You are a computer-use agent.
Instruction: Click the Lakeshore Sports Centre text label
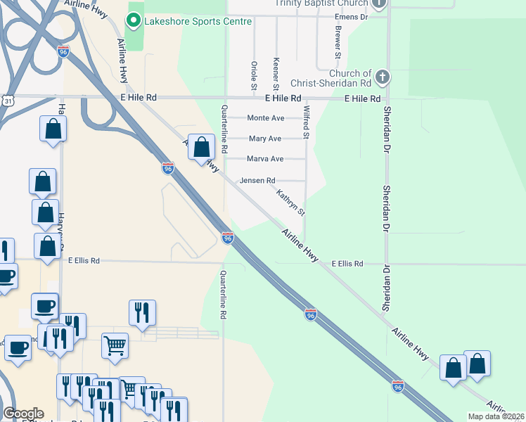(197, 22)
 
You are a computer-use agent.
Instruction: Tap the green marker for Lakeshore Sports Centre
(132, 21)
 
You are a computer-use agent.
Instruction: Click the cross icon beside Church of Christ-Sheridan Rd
(382, 76)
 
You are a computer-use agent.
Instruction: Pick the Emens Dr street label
(352, 15)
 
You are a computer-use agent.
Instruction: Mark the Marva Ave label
(265, 159)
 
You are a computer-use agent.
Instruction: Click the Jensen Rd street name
(257, 181)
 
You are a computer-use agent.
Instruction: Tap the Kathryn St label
(290, 203)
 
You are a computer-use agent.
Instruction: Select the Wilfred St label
(306, 121)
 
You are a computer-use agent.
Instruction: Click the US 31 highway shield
(6, 101)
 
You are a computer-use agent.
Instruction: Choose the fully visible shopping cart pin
(115, 345)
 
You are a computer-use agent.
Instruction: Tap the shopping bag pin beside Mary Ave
(201, 148)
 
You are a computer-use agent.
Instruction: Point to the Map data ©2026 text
(496, 416)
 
